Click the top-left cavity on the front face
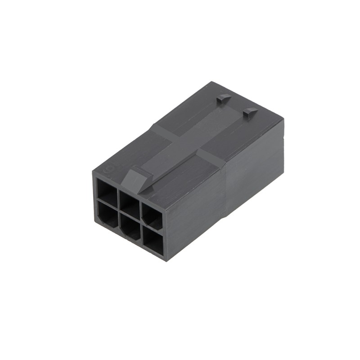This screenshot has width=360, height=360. (x=107, y=191)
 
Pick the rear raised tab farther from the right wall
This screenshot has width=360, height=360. (x=223, y=98)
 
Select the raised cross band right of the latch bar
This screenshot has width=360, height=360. (x=211, y=159)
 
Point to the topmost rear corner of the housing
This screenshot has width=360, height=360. (x=211, y=82)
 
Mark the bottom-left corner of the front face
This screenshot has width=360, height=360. (x=94, y=221)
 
